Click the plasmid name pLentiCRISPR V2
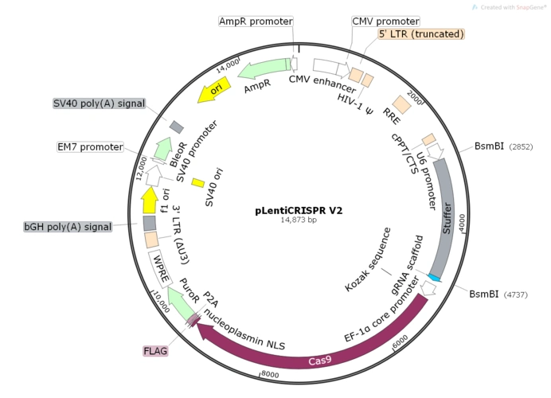tap(299, 211)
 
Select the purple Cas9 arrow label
tap(320, 361)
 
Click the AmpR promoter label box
tap(256, 21)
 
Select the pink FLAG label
tap(155, 351)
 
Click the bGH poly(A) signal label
tap(68, 227)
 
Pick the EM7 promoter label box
tap(90, 147)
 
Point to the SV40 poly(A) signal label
tap(99, 103)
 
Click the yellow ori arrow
tap(215, 89)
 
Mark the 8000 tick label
tap(268, 374)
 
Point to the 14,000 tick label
tap(229, 63)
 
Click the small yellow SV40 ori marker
tap(198, 183)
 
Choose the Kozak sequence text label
tap(368, 259)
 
